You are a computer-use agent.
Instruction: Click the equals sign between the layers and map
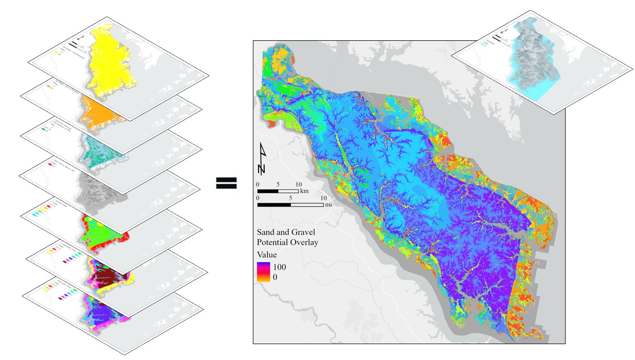click(226, 183)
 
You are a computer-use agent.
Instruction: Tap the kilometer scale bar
click(278, 191)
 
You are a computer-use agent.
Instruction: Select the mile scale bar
click(290, 205)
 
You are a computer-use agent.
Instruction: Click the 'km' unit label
click(304, 191)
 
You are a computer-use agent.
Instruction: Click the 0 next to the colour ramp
click(275, 277)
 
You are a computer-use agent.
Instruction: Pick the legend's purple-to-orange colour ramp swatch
click(262, 272)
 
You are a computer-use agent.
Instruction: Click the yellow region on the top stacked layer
click(110, 56)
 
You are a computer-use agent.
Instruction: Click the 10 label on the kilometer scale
click(298, 184)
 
